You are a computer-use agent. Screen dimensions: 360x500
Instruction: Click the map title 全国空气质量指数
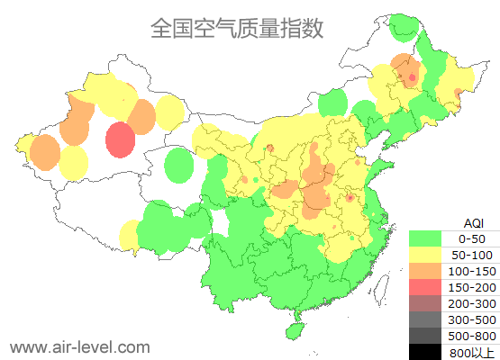coord(237,28)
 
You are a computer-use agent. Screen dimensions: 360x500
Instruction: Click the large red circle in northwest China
coord(120,140)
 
